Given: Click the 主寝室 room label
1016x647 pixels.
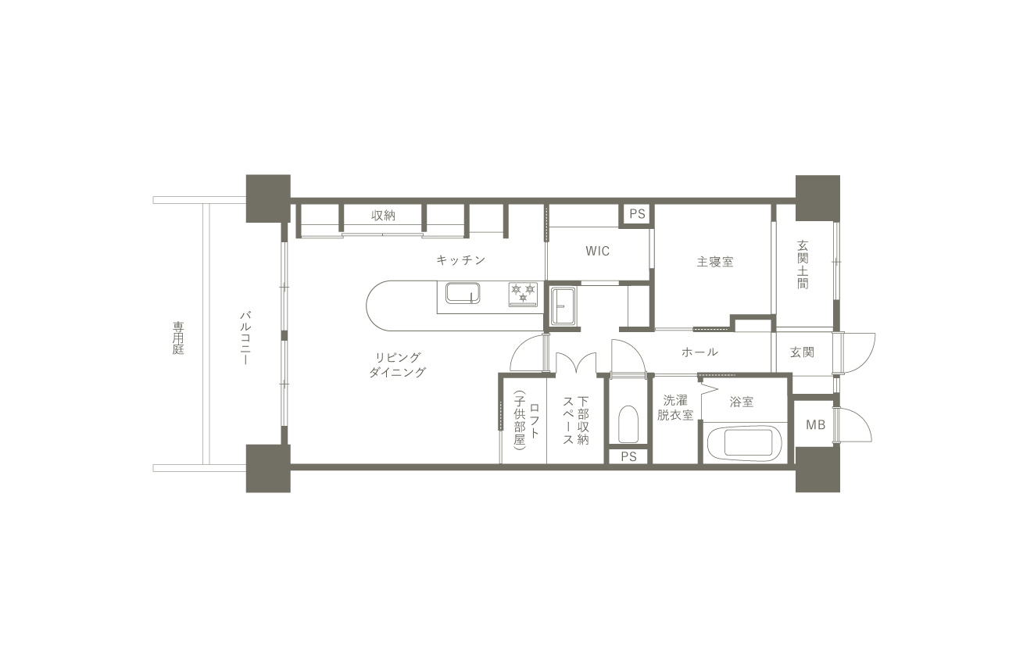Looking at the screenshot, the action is tap(715, 262).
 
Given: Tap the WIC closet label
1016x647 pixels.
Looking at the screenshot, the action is tap(597, 251).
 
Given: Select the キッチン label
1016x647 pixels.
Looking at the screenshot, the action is tap(461, 259).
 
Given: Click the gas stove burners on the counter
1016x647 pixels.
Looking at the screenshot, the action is tap(523, 294).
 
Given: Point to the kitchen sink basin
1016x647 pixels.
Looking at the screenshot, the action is tap(463, 293).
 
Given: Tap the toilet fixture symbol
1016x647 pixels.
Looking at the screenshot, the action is tap(628, 424).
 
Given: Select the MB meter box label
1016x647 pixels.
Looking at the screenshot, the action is tap(815, 425).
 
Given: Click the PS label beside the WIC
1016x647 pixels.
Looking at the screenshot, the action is tap(637, 214).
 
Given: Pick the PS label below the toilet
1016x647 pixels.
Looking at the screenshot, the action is tap(628, 456).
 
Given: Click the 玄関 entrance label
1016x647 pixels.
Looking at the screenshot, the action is tap(802, 352).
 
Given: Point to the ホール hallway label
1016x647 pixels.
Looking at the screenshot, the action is tap(699, 352).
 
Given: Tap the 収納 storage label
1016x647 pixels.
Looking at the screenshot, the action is tap(383, 216).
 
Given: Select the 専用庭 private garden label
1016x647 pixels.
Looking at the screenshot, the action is tap(178, 338).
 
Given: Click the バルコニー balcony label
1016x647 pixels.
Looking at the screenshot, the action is tap(245, 338).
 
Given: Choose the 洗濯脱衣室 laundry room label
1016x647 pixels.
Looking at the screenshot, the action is tap(675, 408).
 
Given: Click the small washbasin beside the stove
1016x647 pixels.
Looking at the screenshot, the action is tap(563, 306).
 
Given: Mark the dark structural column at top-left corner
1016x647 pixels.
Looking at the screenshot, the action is tap(268, 198).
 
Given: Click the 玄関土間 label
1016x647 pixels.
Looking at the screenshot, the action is tap(803, 264).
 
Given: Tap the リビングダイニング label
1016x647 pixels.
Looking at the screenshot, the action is tap(397, 365).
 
